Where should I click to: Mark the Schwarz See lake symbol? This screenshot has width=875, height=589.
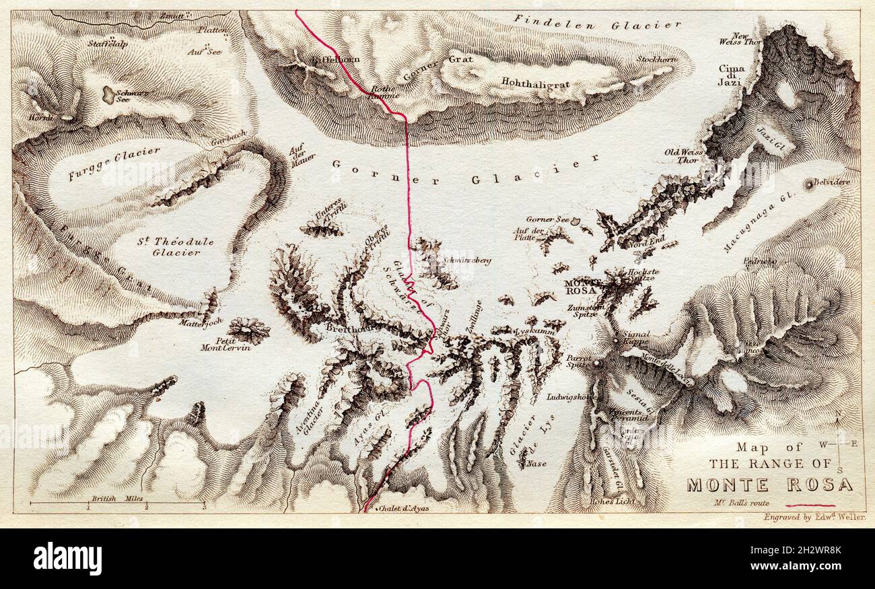pos(108,94)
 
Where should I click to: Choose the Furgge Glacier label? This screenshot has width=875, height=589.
pos(114,164)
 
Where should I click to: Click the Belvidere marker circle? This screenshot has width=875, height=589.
pos(808,182)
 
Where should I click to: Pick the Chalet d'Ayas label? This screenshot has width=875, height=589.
pos(404,509)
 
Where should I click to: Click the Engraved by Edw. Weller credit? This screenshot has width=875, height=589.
pos(814,518)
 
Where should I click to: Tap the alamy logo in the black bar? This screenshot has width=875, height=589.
pos(67,559)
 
